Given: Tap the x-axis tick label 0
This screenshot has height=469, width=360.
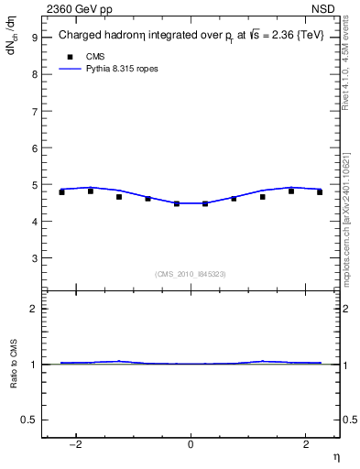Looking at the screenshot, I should click(x=191, y=444).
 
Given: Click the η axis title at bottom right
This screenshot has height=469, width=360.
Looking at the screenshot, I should click(x=335, y=457).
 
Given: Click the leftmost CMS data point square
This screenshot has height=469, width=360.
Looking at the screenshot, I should click(x=61, y=192).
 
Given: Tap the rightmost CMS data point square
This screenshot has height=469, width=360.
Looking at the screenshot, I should click(x=320, y=192).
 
